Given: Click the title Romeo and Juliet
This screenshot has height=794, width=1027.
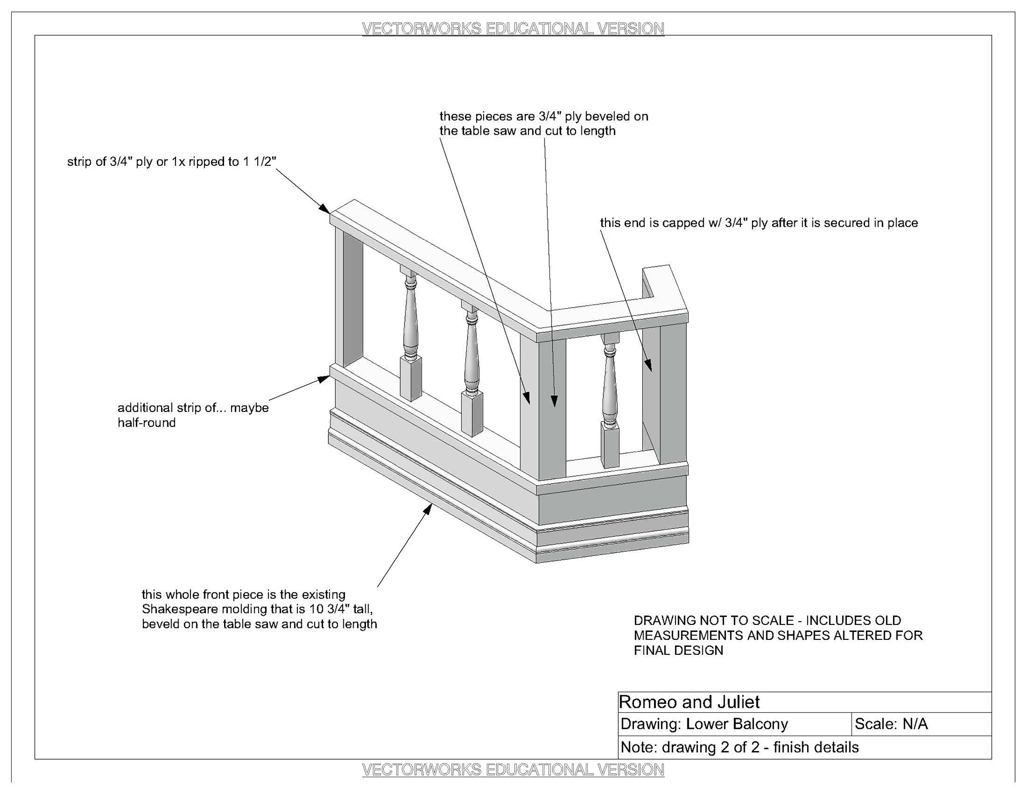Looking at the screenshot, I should (x=689, y=702).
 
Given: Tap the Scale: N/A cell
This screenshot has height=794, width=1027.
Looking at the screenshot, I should (x=891, y=724).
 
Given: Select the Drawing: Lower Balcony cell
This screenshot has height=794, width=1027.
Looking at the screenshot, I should (x=704, y=724).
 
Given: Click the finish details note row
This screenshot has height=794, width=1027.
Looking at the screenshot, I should (x=739, y=747).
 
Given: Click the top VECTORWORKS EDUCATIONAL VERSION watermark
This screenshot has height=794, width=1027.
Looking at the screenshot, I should (x=513, y=28).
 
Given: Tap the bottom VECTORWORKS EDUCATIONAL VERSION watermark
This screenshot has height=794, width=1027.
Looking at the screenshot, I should (x=513, y=769).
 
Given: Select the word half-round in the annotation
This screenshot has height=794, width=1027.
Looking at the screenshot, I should (x=147, y=423).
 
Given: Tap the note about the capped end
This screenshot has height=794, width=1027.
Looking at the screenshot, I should (x=758, y=223).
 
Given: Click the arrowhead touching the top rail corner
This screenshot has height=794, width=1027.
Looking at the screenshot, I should (x=324, y=208).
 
